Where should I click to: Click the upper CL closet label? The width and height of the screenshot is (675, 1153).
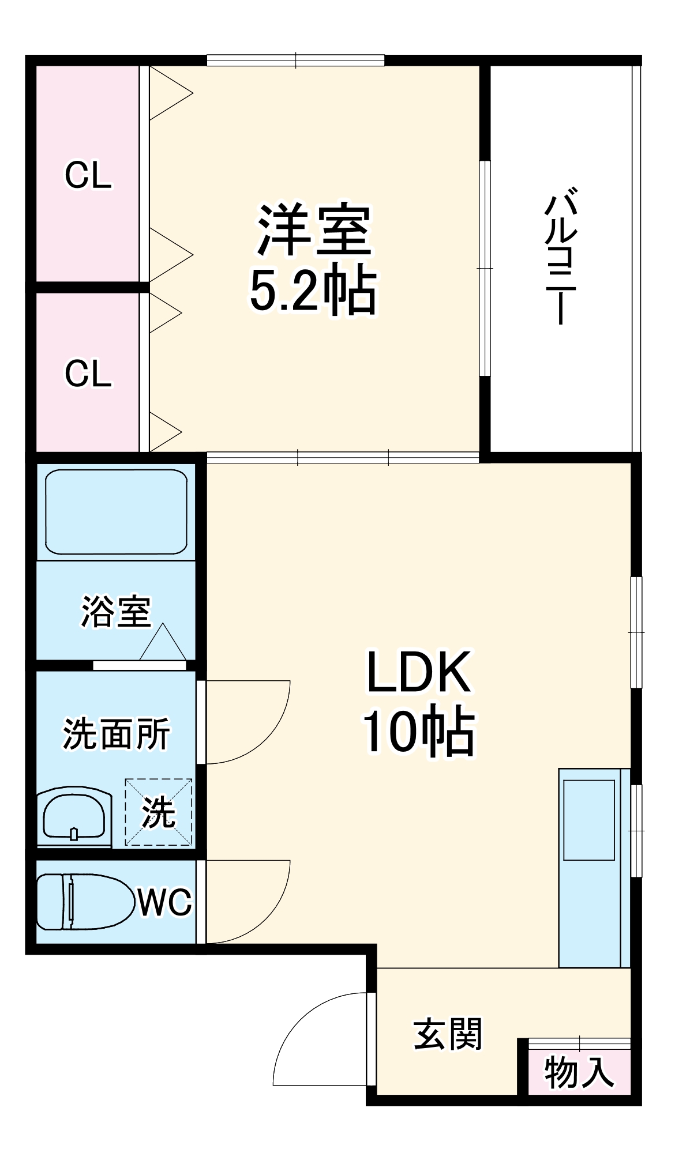click(x=88, y=175)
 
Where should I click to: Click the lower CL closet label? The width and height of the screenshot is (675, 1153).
click(x=88, y=374)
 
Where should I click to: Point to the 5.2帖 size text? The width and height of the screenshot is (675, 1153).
click(x=313, y=291)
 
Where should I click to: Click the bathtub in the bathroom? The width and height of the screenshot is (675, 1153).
click(x=116, y=512)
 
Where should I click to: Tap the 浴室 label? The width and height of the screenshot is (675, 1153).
click(x=115, y=612)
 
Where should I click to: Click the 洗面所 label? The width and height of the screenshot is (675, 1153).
click(x=116, y=734)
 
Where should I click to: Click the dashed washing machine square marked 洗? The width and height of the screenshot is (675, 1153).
click(x=159, y=812)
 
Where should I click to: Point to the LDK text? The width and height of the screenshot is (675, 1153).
click(x=419, y=672)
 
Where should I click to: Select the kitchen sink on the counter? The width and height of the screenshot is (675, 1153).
click(x=588, y=820)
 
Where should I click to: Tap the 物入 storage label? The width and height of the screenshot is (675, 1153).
click(x=579, y=1073)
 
